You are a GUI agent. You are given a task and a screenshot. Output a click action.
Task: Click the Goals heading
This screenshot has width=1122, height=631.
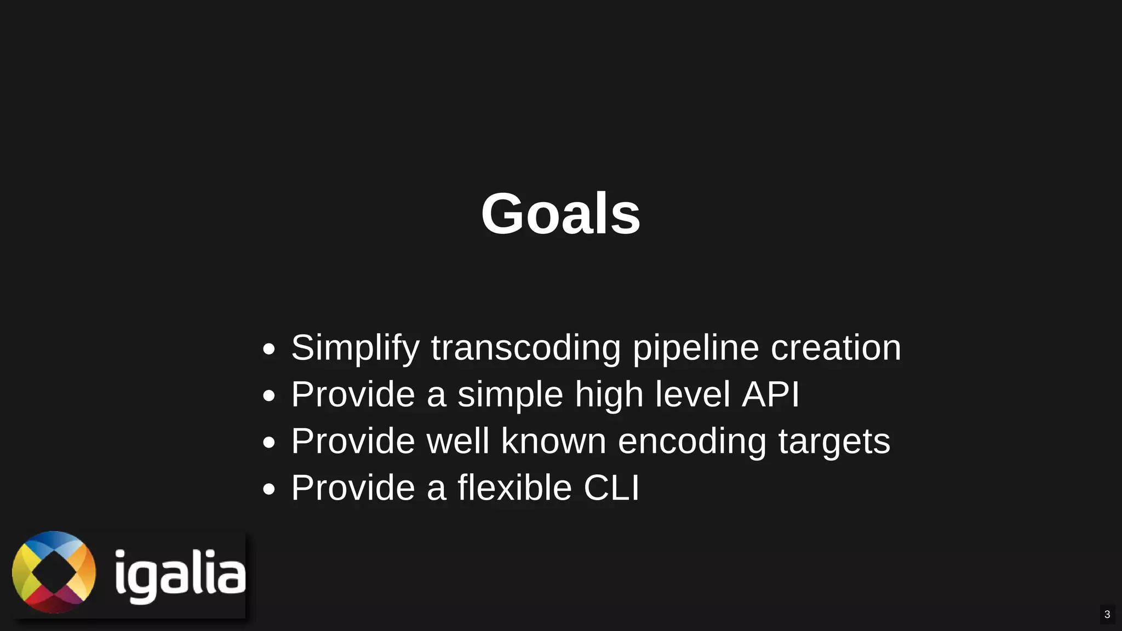(x=560, y=214)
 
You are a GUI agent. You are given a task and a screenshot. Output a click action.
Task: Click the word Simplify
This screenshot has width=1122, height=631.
(x=355, y=348)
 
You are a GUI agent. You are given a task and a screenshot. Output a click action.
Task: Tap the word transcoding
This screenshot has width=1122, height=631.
(x=525, y=348)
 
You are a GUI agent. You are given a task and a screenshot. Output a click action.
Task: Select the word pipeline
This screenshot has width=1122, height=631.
(x=695, y=348)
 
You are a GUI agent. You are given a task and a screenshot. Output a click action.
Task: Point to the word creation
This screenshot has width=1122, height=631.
(x=835, y=348)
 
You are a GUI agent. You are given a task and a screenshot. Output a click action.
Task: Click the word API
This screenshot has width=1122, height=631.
(x=770, y=394)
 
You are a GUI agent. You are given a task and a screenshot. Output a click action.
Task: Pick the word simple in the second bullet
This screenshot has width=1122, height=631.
(x=510, y=394)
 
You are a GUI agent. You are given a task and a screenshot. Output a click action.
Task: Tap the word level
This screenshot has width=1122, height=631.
(x=692, y=394)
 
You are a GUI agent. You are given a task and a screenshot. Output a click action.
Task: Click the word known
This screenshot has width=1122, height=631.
(x=553, y=441)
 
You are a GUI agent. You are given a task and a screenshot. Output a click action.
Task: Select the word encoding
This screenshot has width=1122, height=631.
(x=692, y=441)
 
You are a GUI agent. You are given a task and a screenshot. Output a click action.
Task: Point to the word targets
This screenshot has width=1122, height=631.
(x=834, y=441)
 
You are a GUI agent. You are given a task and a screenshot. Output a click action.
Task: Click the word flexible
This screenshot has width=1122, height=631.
(x=514, y=487)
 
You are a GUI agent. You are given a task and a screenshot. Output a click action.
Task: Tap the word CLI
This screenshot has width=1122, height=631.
(x=611, y=487)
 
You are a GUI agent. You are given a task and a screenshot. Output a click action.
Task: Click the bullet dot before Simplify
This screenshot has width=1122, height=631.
(x=268, y=349)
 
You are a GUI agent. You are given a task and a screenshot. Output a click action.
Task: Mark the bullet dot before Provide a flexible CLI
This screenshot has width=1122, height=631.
(x=268, y=489)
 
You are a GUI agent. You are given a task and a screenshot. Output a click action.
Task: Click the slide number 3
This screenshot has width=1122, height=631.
(x=1107, y=614)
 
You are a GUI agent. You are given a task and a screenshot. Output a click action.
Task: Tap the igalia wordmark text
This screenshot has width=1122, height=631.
(x=180, y=575)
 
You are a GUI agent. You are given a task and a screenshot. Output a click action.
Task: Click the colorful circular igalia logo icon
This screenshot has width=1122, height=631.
(x=54, y=572)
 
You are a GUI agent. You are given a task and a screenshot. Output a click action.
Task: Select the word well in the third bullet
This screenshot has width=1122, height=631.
(x=457, y=441)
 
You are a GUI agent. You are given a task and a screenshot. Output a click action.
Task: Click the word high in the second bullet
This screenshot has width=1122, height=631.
(x=609, y=394)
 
